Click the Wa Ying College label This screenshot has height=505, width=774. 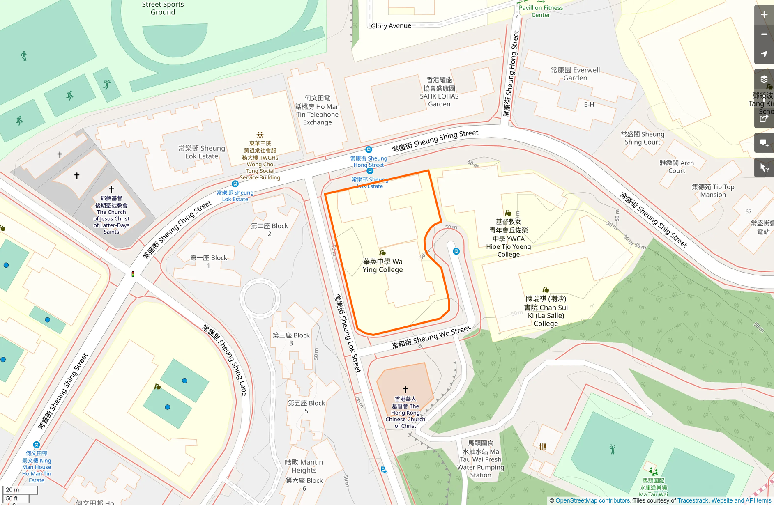(x=382, y=266)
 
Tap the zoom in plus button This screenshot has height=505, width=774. (x=764, y=15)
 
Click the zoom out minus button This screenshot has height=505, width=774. (x=764, y=34)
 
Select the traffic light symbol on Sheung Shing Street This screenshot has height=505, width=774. (x=133, y=274)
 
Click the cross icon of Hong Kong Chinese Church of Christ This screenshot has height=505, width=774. (x=405, y=389)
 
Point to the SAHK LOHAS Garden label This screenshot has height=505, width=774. (x=439, y=92)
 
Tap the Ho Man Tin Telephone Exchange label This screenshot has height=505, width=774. (x=317, y=110)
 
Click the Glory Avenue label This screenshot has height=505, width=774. (x=391, y=26)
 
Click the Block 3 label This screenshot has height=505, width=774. (x=291, y=339)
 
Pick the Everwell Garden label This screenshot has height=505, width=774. (x=575, y=74)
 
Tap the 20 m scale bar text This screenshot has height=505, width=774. (x=12, y=489)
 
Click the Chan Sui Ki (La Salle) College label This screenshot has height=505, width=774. (x=546, y=311)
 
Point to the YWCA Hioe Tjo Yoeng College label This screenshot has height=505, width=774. (x=509, y=238)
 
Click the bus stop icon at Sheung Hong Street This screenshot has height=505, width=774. (x=369, y=150)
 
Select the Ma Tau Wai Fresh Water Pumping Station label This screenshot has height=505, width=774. (x=480, y=459)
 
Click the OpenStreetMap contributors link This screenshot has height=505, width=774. (x=592, y=500)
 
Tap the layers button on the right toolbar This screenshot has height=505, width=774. (x=764, y=79)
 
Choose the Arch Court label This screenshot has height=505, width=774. (x=677, y=167)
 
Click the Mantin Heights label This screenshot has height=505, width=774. (x=304, y=466)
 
